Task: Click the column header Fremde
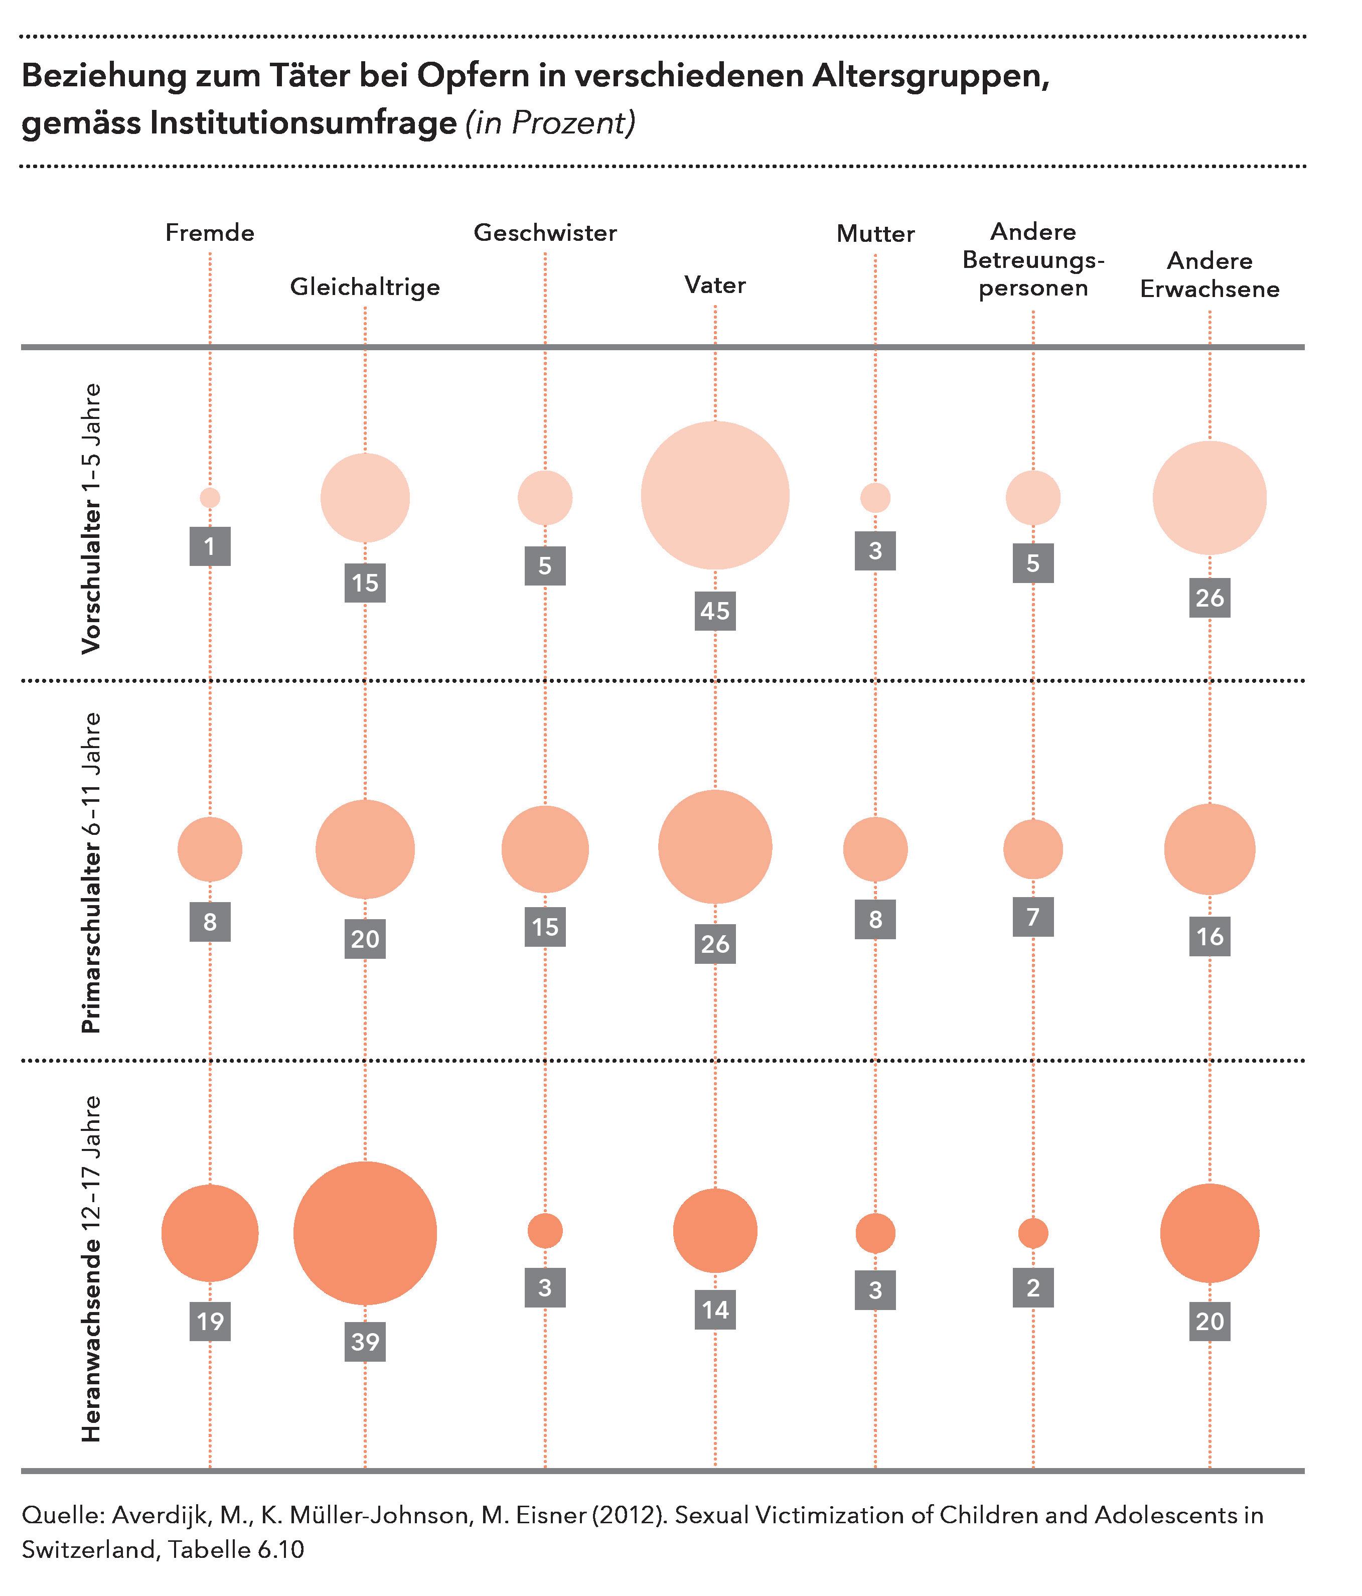210,233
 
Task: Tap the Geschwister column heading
545,233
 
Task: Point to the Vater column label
715,285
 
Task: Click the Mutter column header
875,233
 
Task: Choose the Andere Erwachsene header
1209,275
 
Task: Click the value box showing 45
715,611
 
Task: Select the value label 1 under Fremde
210,546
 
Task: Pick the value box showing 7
1033,917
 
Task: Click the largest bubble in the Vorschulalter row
715,495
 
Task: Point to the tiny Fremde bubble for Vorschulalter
210,498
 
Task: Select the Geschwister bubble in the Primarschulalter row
545,849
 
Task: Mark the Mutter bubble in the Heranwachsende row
875,1233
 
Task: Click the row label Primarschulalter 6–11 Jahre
91,872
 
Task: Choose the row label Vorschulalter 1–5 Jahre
91,520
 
